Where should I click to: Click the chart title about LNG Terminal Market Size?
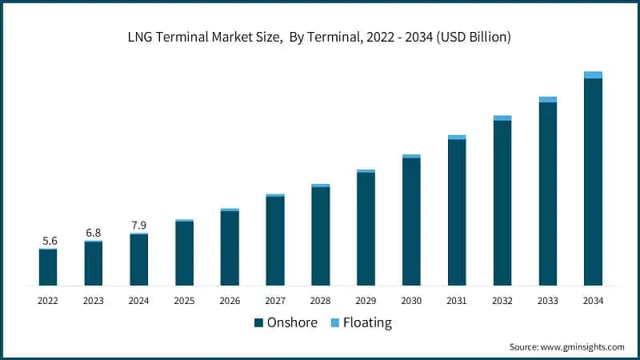[x=319, y=38]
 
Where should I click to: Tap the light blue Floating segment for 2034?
[x=593, y=75]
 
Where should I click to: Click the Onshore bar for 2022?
[x=48, y=268]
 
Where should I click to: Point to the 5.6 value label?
[x=49, y=241]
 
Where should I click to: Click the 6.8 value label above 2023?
[x=94, y=233]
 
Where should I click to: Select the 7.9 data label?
[x=139, y=225]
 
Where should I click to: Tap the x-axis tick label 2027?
[x=275, y=301]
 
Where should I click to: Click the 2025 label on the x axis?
[x=184, y=301]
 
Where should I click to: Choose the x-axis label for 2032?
[x=502, y=301]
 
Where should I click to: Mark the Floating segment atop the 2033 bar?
[x=547, y=100]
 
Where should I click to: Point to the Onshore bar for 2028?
[x=321, y=236]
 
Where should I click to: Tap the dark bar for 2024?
[x=139, y=260]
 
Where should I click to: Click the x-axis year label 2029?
[x=366, y=301]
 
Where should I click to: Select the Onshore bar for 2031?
[x=457, y=212]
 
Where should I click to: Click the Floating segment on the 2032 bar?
[x=502, y=118]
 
